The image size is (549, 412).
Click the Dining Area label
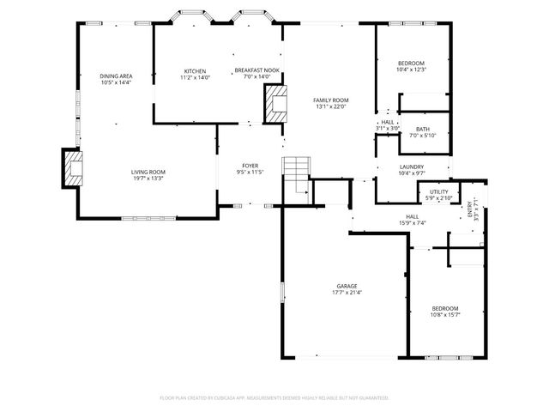click(116, 76)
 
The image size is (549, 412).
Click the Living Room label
click(148, 172)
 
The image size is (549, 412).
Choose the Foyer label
click(250, 166)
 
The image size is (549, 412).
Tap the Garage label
click(347, 286)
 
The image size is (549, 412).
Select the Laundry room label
click(412, 167)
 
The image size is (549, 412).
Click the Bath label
click(423, 129)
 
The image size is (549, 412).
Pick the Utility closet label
click(439, 192)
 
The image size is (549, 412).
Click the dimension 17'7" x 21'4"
click(347, 293)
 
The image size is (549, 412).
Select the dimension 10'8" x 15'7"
click(444, 314)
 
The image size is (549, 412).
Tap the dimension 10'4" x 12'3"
click(411, 70)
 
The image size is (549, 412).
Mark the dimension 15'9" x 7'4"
click(412, 223)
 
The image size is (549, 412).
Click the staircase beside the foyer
click(296, 177)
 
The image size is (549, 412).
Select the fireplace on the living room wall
click(71, 168)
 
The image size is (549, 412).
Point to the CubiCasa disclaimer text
click(274, 398)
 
